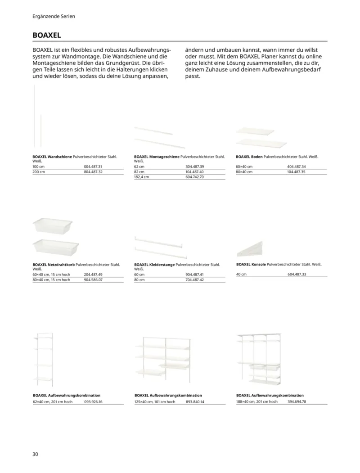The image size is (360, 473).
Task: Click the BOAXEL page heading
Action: click(46, 35)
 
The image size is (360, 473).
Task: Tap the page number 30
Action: click(36, 454)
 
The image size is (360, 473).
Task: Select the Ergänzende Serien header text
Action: click(54, 16)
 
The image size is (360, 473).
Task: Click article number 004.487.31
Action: click(94, 167)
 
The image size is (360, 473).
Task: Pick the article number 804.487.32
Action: click(94, 172)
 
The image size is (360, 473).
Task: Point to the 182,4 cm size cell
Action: click(141, 177)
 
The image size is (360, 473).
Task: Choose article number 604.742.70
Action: click(195, 177)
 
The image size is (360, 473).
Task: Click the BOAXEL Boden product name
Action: click(249, 157)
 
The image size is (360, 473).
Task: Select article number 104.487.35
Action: click(296, 172)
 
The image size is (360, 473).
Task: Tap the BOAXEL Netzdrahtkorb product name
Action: click(54, 265)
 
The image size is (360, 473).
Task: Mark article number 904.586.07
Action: click(94, 279)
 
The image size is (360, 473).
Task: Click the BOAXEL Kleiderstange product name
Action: click(154, 265)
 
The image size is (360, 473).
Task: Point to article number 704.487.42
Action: click(195, 279)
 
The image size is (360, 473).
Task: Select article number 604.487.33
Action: click(296, 274)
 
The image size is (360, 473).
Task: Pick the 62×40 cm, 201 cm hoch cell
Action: click(52, 401)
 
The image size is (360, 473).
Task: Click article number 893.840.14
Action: click(195, 401)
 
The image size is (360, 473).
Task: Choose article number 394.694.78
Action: click(297, 401)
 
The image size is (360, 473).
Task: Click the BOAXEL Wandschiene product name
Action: click(52, 157)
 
